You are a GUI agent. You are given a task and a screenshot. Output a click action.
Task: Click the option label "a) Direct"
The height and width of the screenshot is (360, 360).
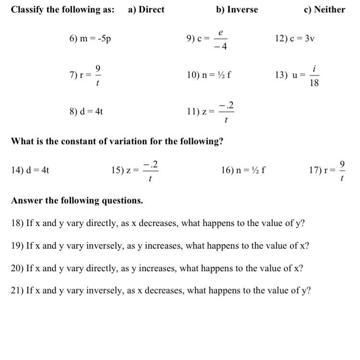(146, 10)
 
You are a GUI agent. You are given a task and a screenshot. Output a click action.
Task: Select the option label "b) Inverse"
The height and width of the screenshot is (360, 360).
(237, 10)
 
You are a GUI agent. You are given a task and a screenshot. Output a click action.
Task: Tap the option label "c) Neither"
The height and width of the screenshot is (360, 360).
(324, 10)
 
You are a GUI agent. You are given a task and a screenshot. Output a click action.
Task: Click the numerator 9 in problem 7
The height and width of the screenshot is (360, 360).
(97, 68)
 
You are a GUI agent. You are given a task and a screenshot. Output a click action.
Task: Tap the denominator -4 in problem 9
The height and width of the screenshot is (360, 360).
(221, 47)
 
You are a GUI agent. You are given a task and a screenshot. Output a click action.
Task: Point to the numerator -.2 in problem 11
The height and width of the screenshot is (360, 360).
(226, 105)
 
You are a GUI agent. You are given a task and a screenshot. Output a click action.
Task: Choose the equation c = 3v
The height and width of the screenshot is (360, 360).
(302, 38)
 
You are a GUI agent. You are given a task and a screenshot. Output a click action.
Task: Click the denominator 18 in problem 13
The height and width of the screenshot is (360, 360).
(314, 83)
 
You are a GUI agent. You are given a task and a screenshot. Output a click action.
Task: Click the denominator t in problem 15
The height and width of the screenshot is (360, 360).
(151, 179)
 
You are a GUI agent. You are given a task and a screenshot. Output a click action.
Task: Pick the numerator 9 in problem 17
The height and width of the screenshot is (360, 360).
(342, 164)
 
